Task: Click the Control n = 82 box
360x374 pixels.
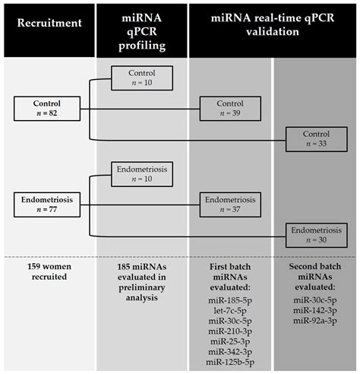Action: [46, 107]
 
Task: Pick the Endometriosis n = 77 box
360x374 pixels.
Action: [46, 203]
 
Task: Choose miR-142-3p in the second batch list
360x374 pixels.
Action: [315, 312]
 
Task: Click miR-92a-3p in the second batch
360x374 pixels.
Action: [315, 322]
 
